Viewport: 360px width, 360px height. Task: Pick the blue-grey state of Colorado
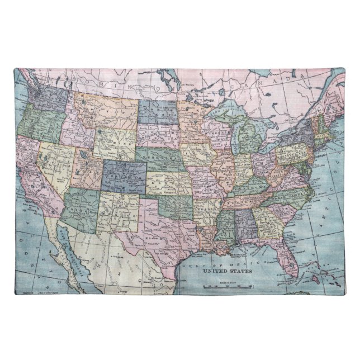(124, 173)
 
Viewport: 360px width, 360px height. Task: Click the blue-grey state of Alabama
(243, 223)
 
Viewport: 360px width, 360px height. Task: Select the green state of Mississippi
(224, 226)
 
